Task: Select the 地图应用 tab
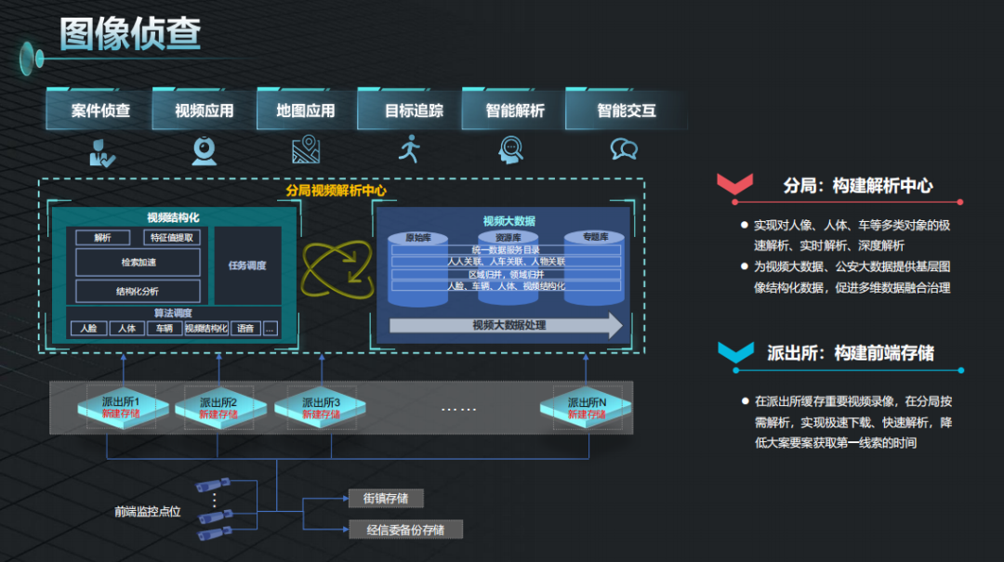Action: pos(305,111)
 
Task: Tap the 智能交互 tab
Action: pos(626,111)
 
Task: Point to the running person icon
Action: pos(409,149)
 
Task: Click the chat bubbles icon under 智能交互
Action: pos(624,149)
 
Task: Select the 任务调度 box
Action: pos(247,266)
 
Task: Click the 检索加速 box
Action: pos(138,263)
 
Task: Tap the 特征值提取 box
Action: pos(173,238)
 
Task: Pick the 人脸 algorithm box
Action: pos(88,328)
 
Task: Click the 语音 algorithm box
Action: pos(245,328)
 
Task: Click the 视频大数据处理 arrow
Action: pos(507,325)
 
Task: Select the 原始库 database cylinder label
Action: pos(419,238)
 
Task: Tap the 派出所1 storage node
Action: pos(121,407)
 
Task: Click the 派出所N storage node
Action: pos(587,407)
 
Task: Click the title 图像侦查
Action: pos(130,33)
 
